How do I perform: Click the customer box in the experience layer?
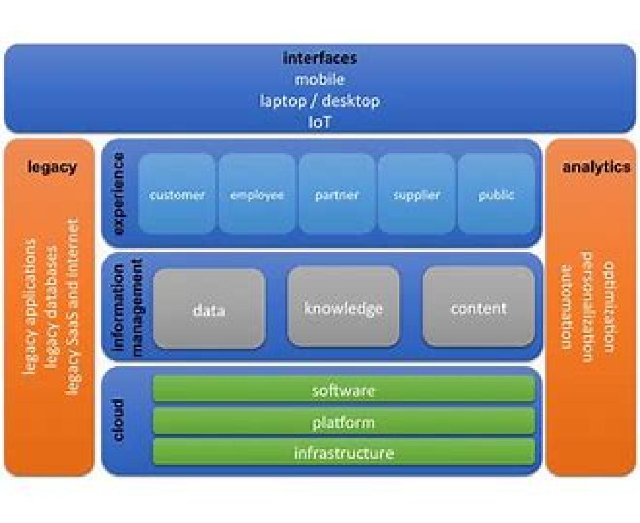click(x=177, y=194)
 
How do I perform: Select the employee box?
click(x=257, y=194)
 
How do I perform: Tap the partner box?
click(x=337, y=194)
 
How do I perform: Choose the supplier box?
click(x=417, y=194)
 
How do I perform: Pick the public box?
click(x=496, y=194)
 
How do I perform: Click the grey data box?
click(x=209, y=309)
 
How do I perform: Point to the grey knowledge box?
click(x=343, y=308)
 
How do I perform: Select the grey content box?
click(x=478, y=308)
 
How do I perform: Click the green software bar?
click(x=343, y=390)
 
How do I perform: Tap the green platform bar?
click(x=343, y=422)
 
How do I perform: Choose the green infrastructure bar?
click(x=343, y=453)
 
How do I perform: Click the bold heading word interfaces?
click(x=319, y=58)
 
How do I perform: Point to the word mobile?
click(x=319, y=79)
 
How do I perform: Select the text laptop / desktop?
click(x=319, y=101)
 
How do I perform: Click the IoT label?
click(x=319, y=122)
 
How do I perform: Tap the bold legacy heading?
click(x=52, y=167)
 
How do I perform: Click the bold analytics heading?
click(x=596, y=167)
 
